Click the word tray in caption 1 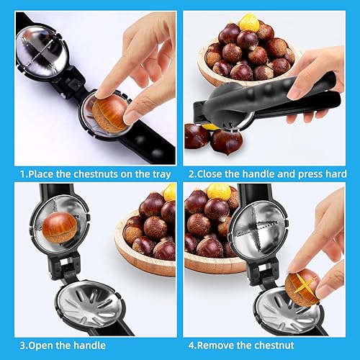click(x=162, y=174)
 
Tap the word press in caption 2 click(x=311, y=174)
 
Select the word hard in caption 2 click(x=336, y=174)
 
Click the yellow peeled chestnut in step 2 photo click(x=250, y=23)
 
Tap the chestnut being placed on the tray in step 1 click(x=109, y=114)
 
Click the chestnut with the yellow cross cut click(x=302, y=286)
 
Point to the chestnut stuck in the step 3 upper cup click(x=60, y=228)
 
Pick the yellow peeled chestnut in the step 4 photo click(x=219, y=192)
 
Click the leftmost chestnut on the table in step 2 click(x=197, y=136)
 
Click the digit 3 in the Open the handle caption click(x=22, y=346)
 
